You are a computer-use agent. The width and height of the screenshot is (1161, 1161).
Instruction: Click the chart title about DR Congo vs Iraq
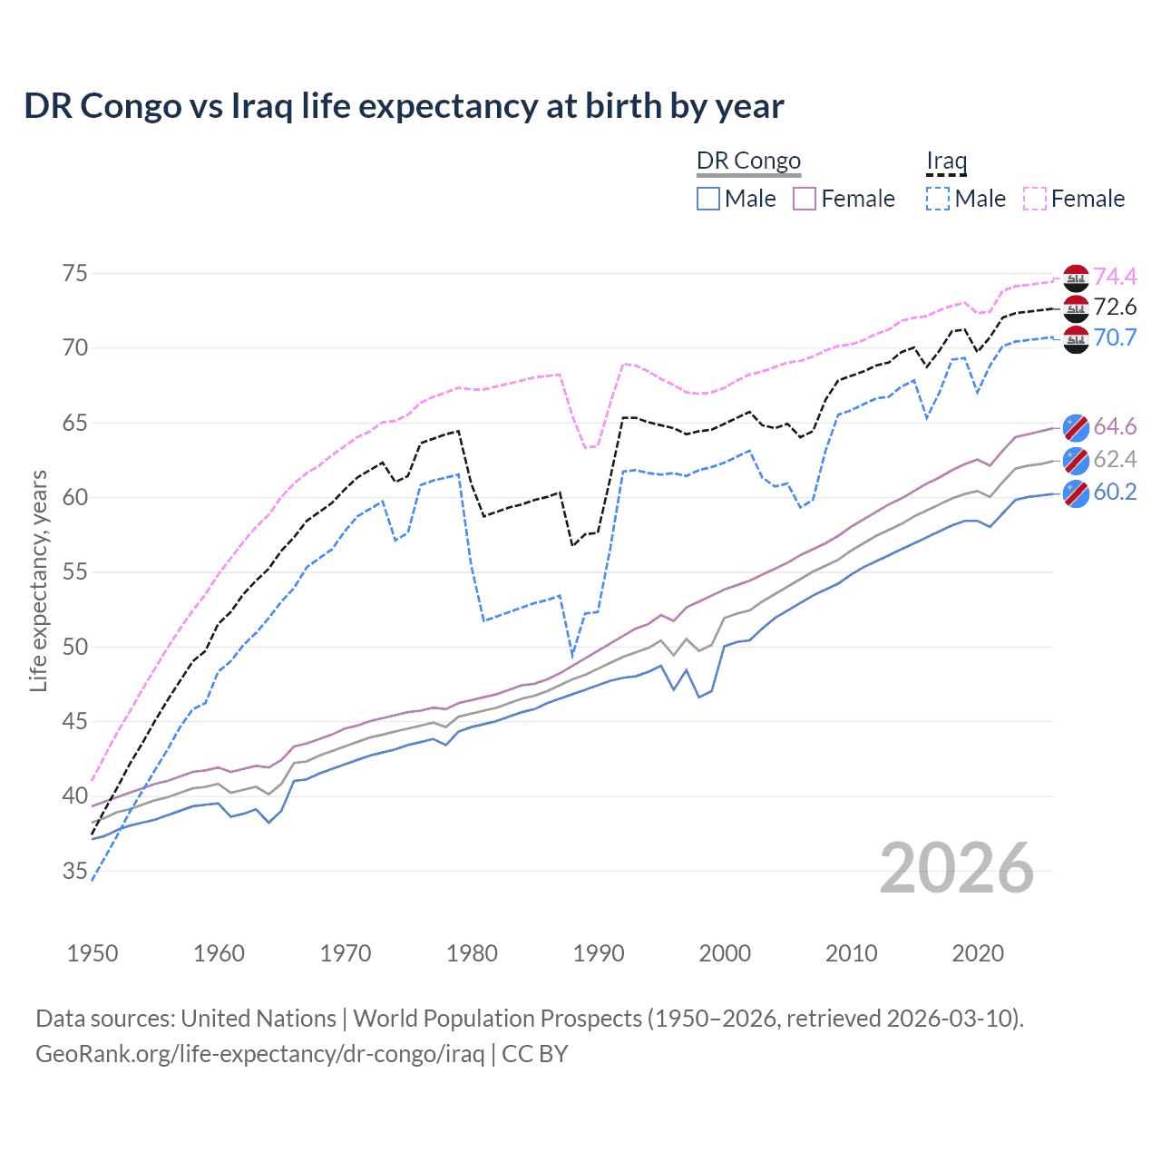(404, 106)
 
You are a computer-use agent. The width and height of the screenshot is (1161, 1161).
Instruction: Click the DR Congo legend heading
(748, 161)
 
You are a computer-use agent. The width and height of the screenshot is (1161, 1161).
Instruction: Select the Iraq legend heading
(946, 161)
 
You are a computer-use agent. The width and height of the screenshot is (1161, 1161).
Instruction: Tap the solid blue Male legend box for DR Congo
(708, 199)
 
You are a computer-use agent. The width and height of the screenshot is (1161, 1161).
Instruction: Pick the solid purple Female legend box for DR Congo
(805, 199)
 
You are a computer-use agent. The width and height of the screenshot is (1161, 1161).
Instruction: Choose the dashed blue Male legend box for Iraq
(938, 199)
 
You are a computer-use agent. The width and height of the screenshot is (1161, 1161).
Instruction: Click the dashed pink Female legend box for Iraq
(1035, 199)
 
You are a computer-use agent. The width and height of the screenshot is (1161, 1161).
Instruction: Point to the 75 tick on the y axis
(75, 274)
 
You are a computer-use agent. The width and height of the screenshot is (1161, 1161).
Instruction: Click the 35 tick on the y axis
(75, 872)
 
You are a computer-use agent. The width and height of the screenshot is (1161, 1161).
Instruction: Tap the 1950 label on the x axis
(93, 953)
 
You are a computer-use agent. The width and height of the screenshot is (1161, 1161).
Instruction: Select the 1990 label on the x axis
(599, 953)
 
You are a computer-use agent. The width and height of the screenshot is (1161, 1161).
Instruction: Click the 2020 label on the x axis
(978, 953)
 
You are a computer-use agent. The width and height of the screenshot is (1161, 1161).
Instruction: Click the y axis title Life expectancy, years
(38, 580)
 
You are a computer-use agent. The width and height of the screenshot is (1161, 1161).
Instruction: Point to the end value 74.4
(1115, 277)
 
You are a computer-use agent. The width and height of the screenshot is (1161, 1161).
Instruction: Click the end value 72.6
(1115, 307)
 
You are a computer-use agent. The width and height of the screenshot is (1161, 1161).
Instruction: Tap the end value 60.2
(1115, 493)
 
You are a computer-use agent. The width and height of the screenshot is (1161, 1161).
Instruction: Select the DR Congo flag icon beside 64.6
(1076, 427)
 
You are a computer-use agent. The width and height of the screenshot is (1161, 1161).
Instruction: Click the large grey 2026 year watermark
(957, 868)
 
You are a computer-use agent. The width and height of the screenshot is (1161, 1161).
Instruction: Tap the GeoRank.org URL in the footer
(259, 1054)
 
